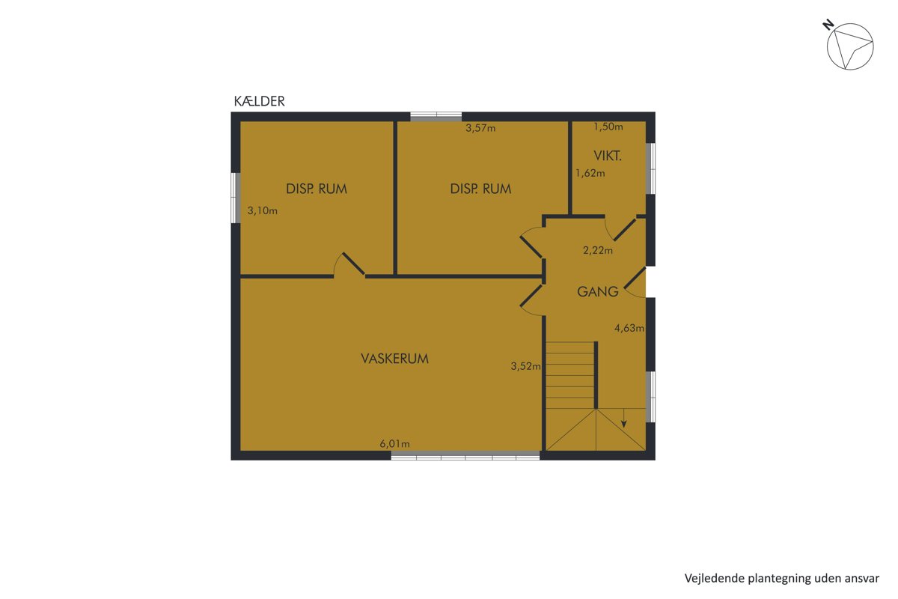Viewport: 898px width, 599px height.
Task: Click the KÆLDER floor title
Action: point(260,101)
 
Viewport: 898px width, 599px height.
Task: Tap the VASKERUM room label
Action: point(395,359)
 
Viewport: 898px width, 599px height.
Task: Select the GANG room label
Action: point(597,292)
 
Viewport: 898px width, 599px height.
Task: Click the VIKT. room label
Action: point(608,156)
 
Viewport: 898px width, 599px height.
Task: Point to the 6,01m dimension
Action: point(395,444)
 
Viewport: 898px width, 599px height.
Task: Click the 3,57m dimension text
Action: point(480,128)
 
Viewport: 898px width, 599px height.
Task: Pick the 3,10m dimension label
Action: point(262,210)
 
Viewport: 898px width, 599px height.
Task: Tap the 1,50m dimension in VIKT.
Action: point(608,127)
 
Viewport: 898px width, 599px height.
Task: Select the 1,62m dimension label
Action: point(590,173)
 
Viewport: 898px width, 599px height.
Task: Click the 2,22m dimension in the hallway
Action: point(598,250)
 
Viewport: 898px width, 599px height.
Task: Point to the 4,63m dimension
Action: point(629,328)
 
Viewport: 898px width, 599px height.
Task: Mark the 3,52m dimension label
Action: point(525,366)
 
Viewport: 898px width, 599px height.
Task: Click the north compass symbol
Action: point(850,46)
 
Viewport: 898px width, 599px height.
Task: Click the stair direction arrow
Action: point(624,418)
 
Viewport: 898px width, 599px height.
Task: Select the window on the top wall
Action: point(436,117)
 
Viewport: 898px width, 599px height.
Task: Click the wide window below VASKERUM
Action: point(465,455)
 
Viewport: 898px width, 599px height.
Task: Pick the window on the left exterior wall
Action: point(235,198)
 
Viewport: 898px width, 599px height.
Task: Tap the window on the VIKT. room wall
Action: point(650,168)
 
